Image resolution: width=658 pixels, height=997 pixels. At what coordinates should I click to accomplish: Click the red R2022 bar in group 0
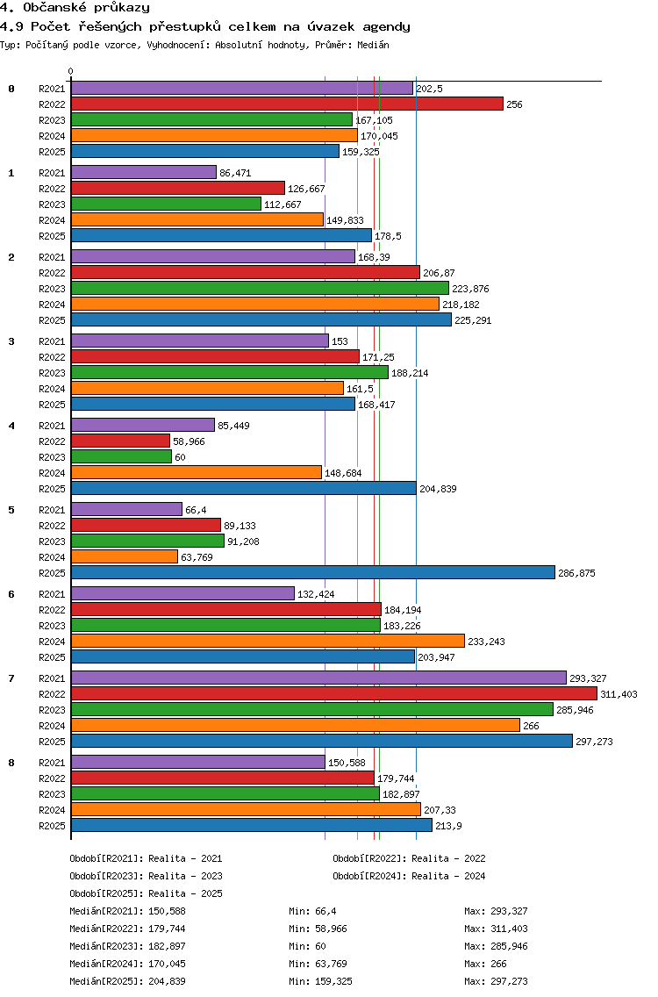[x=288, y=104]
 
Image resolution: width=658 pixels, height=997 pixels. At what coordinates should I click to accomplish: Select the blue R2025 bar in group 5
[x=313, y=572]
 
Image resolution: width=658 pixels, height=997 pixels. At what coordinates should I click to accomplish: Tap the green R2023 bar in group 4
[x=121, y=456]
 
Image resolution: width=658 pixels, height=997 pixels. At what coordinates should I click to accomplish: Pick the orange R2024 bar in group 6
[x=268, y=641]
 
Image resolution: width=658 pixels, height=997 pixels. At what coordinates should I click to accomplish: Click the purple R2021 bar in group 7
[x=318, y=678]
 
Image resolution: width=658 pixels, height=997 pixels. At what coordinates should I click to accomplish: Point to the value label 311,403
[x=619, y=694]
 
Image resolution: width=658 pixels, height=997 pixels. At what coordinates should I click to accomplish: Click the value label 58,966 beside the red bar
[x=189, y=441]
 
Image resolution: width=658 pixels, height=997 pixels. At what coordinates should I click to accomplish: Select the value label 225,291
[x=473, y=320]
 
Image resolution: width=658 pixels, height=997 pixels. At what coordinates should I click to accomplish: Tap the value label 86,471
[x=235, y=173]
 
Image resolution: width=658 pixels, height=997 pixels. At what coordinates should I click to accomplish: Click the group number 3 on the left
[x=11, y=341]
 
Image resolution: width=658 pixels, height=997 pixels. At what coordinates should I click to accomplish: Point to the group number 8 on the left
[x=11, y=763]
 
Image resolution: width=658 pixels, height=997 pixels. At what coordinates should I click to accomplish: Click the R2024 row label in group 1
[x=52, y=220]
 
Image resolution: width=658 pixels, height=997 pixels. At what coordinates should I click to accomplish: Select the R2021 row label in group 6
[x=52, y=594]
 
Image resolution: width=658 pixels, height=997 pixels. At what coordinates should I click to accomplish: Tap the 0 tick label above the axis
[x=70, y=71]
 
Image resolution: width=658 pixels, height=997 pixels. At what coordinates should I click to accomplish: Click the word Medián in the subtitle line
[x=373, y=45]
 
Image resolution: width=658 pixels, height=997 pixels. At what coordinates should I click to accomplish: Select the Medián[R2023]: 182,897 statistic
[x=128, y=946]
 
